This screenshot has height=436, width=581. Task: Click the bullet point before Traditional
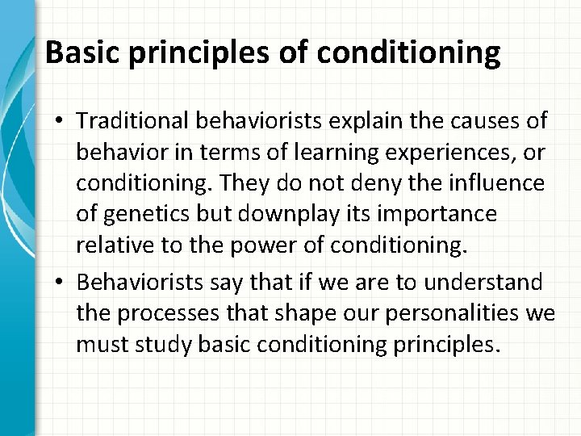click(61, 122)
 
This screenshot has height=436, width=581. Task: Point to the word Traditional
click(128, 121)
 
